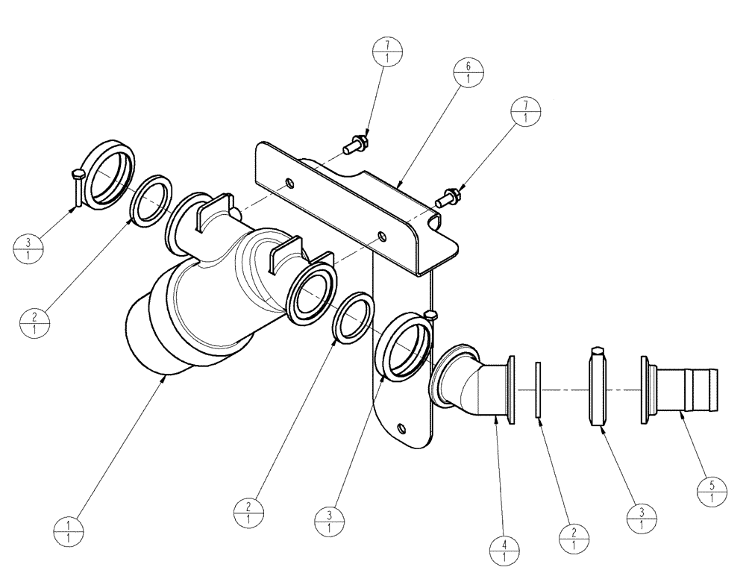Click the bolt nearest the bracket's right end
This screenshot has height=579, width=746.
coord(446,198)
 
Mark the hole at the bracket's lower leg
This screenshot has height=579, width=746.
coord(402,428)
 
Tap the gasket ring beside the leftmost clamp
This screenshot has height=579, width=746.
coord(152,199)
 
